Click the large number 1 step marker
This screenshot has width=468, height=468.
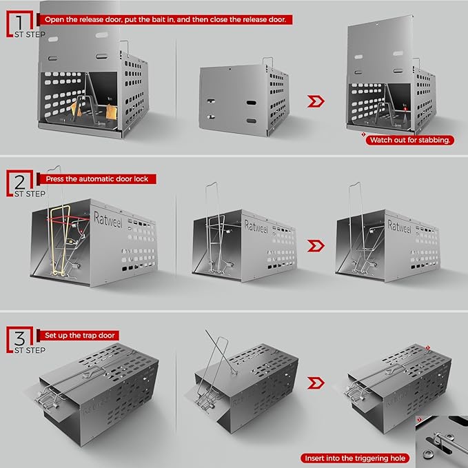[20, 23]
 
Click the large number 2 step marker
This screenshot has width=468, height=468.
[20, 182]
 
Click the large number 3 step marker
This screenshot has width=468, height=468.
[20, 338]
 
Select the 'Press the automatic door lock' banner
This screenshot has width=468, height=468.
[96, 179]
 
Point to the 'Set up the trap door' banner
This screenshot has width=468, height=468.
[78, 336]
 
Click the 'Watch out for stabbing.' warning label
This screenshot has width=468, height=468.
[410, 140]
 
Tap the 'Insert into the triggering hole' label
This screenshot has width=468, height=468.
[355, 458]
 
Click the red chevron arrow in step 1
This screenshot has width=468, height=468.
[316, 101]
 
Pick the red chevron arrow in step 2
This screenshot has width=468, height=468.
[316, 245]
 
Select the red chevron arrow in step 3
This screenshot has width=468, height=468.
[316, 383]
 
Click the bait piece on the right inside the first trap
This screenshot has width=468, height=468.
[112, 112]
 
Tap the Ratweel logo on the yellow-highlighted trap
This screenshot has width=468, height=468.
[108, 220]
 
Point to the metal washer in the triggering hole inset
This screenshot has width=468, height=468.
[428, 454]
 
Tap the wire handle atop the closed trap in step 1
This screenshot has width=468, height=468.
[267, 61]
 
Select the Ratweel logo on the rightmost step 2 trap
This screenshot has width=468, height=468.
[399, 226]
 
